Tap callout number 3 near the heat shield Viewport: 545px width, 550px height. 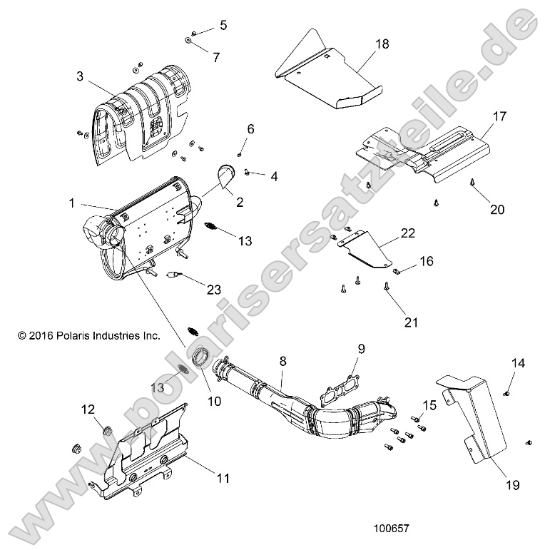tap(80, 76)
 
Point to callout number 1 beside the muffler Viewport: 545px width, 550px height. tap(72, 203)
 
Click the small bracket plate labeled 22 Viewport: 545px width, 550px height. tap(366, 250)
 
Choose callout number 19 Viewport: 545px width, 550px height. tap(513, 485)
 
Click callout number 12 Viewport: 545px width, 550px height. tap(87, 409)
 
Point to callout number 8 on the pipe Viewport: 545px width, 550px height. tap(283, 362)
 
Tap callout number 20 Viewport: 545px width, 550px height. tap(496, 209)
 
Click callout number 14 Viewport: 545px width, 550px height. tap(518, 363)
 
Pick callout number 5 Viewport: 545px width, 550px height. tap(223, 26)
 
